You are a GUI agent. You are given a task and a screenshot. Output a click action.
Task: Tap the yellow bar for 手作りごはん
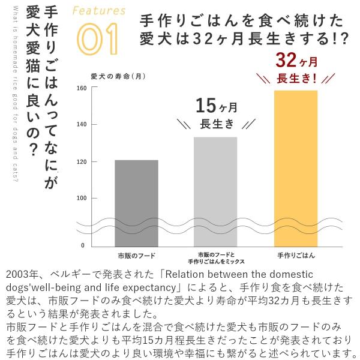(295, 168)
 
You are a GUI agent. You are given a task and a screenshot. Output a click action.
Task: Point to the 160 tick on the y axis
(82, 89)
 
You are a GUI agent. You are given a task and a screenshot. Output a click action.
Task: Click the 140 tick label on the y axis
(82, 125)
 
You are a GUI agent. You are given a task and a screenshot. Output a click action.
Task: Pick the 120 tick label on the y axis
(82, 162)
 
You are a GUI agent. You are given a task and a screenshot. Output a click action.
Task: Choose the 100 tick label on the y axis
(82, 199)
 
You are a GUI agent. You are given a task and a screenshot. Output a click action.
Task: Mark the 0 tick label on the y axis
(83, 246)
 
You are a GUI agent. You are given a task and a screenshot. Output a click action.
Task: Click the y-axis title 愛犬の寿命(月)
(118, 77)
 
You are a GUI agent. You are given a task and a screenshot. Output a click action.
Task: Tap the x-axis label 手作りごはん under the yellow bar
(296, 256)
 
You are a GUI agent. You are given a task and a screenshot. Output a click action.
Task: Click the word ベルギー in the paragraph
(73, 275)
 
